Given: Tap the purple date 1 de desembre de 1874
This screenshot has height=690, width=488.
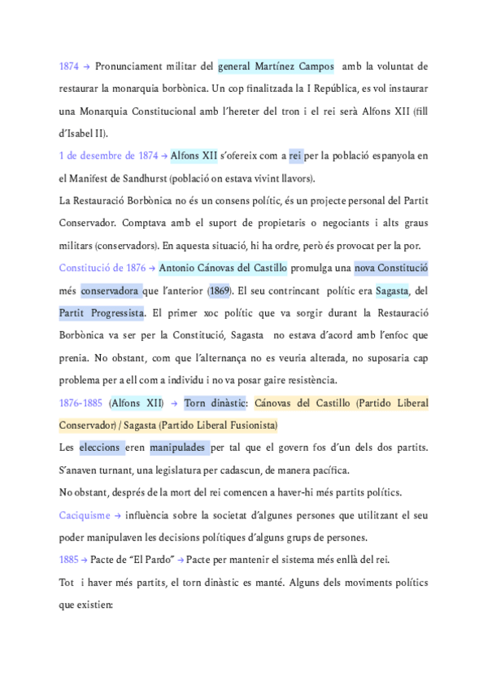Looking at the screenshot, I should tap(108, 155).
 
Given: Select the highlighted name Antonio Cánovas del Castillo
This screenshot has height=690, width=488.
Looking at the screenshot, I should tap(223, 268).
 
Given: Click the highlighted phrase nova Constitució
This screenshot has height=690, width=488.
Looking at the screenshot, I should tap(391, 268).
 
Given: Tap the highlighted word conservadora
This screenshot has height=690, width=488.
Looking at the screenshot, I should tap(110, 290).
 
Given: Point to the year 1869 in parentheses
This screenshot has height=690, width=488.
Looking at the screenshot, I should tap(218, 290).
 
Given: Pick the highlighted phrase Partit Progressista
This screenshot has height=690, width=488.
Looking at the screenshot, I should tap(102, 312).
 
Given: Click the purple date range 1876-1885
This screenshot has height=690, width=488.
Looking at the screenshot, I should tap(81, 402).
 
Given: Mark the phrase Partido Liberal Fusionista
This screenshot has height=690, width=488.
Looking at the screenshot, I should tap(219, 425).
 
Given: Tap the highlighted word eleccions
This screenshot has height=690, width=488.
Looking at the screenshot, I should tap(102, 447).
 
